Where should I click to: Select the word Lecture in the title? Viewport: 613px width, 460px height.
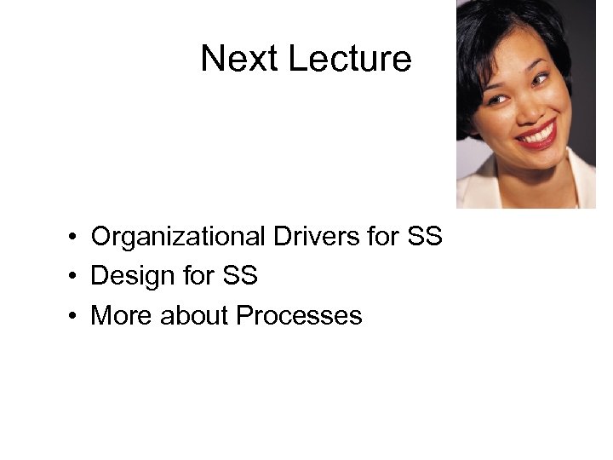pos(349,59)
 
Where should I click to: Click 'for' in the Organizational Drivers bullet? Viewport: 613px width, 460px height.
pos(385,236)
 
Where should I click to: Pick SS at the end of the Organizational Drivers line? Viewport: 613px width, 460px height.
pos(425,236)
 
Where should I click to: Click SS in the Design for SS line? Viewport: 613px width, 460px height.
pos(239,276)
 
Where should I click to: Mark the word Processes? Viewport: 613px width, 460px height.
pos(299,316)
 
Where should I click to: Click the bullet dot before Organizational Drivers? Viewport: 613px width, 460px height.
pos(75,237)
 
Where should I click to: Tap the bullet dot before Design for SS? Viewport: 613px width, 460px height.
pos(75,277)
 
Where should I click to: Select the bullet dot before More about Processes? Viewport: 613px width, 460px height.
pos(75,317)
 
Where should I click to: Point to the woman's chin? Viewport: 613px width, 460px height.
pos(545,163)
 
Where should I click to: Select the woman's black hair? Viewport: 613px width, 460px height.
pos(490,34)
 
